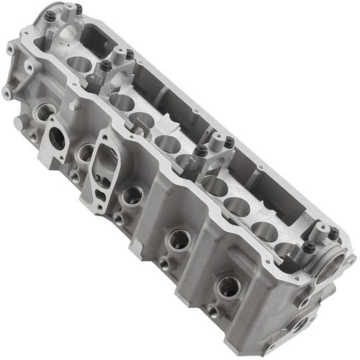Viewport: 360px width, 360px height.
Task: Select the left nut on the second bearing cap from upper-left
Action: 105,66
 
